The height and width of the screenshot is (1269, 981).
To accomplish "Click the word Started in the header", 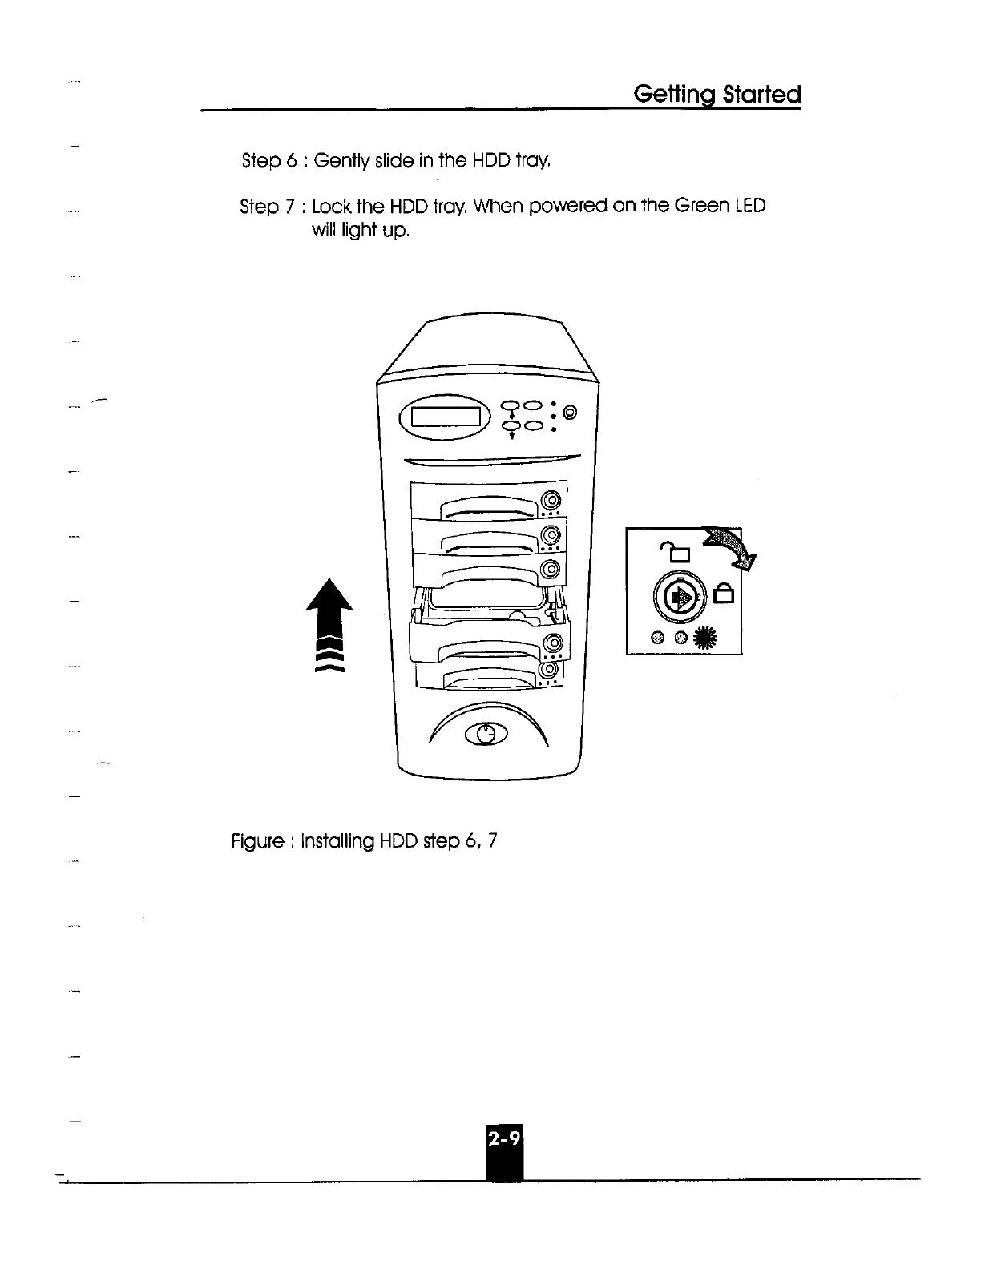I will tap(761, 95).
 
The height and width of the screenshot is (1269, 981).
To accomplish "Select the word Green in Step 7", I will tap(702, 207).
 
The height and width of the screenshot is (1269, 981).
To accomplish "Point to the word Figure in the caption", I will tap(257, 842).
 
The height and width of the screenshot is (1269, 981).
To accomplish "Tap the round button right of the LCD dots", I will tap(570, 413).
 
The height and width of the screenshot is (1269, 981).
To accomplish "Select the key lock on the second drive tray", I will tap(550, 535).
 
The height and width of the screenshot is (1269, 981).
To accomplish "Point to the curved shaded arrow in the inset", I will tap(730, 547).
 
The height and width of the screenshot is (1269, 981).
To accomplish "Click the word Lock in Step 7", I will tap(332, 207).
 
